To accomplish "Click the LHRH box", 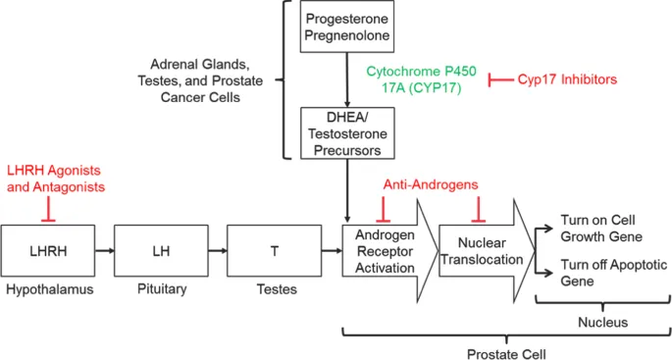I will coord(49,250).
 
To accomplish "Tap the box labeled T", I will coord(274,250).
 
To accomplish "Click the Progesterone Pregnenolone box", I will coord(347,28).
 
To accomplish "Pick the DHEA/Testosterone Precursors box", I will coord(347,133).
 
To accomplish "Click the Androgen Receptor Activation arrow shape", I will coord(385,250).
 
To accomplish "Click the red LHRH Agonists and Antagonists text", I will coord(55,179).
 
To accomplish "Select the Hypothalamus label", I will coord(49,292).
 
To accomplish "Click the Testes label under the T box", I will coord(274,292).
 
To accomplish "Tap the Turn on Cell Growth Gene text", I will coord(600,229).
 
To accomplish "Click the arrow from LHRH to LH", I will coord(105,250).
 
